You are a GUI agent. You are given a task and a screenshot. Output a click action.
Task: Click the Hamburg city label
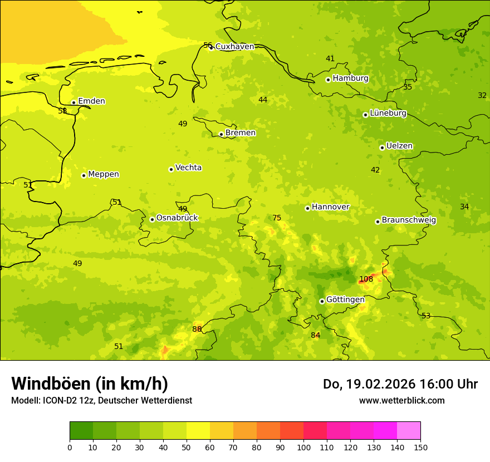(350, 78)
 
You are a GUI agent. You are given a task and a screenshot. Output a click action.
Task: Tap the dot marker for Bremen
(221, 134)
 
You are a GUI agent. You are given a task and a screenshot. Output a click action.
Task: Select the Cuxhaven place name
(234, 47)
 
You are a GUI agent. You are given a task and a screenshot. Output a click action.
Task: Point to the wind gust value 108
(366, 279)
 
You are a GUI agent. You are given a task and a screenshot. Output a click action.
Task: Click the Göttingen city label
(345, 299)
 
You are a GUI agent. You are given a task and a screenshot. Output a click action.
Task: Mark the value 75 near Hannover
(277, 218)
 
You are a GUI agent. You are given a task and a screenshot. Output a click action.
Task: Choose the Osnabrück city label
(177, 218)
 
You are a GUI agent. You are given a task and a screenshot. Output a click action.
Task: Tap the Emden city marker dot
(73, 102)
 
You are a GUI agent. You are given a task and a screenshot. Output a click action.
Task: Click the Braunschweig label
(409, 220)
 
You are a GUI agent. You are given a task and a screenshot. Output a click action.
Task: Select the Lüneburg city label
(388, 113)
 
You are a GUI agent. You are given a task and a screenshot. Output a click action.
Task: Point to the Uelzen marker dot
(382, 148)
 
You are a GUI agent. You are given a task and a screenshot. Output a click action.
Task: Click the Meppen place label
(104, 174)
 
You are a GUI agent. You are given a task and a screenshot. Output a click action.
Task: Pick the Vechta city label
(188, 168)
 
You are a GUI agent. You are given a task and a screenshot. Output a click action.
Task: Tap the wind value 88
(197, 329)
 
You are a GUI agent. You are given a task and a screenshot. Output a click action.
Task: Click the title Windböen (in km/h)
(90, 384)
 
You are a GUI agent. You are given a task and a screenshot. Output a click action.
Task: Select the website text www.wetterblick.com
(401, 400)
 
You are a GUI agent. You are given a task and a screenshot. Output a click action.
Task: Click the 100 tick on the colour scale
(303, 446)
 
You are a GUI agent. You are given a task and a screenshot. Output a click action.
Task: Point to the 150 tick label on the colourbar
(420, 446)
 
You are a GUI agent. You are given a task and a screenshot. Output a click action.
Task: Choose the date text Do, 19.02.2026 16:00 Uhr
(400, 384)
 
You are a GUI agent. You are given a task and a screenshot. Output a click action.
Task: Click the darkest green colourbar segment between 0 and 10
(81, 430)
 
